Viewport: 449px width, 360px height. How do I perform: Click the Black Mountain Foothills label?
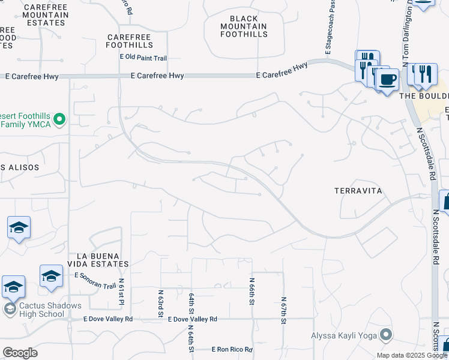[x=244, y=26]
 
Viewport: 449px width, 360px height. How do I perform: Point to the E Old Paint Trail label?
[x=143, y=58]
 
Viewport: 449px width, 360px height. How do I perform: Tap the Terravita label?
[x=358, y=191]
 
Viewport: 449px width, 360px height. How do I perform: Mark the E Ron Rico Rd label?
[x=232, y=349]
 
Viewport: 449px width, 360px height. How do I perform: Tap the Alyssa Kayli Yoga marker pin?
[x=385, y=335]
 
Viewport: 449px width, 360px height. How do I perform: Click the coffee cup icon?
[x=387, y=79]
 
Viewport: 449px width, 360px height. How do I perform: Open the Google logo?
[x=20, y=353]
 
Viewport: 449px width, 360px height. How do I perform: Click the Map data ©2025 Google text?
[x=411, y=355]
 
